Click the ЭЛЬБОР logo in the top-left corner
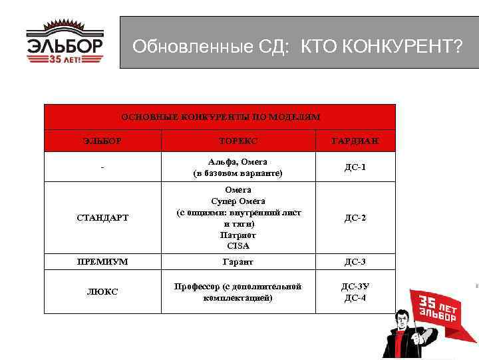click(x=65, y=43)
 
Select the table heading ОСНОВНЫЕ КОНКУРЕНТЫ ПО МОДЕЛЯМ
click(x=220, y=117)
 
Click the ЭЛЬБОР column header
click(x=102, y=141)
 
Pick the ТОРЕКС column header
click(x=238, y=141)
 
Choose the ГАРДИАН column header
click(x=355, y=141)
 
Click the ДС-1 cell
click(x=355, y=167)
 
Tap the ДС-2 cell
click(x=355, y=217)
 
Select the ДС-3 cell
click(x=355, y=262)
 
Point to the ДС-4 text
click(x=355, y=297)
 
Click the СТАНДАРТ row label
click(x=102, y=217)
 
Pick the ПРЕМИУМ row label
click(x=102, y=262)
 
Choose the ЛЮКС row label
click(x=102, y=291)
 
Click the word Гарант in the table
click(x=238, y=262)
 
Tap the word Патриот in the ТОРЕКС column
click(x=238, y=235)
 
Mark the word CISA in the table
click(x=238, y=245)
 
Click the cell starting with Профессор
click(x=238, y=291)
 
